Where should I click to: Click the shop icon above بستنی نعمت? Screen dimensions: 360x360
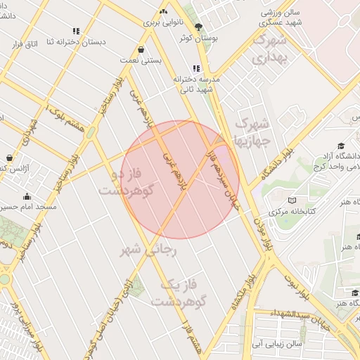point(142,50)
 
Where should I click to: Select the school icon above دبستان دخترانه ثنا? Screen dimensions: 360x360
point(76,31)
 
